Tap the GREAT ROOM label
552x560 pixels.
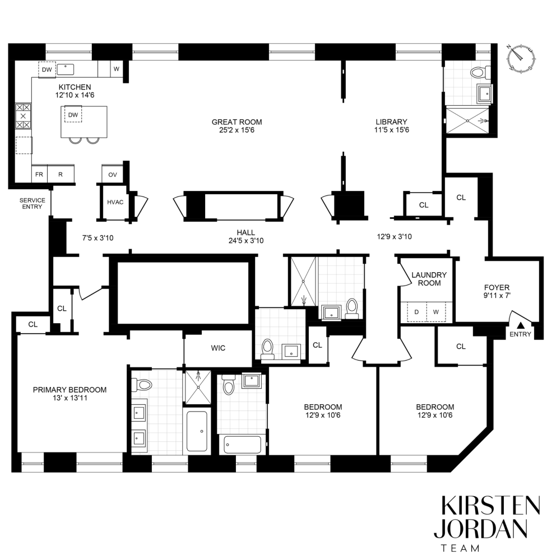236,122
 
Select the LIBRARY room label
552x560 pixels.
391,122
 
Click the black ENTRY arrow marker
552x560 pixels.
520,325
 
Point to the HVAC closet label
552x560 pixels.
115,202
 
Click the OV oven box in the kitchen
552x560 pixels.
113,175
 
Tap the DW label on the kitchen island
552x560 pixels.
73,115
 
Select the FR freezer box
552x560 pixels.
39,174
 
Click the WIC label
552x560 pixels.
218,348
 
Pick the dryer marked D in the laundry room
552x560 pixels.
416,311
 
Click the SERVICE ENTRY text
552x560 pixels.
33,203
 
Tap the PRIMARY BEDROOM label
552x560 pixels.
69,390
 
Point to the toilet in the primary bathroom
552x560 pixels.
142,385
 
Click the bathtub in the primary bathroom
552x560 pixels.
197,431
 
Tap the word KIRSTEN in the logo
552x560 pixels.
490,506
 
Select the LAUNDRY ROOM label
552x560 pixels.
429,278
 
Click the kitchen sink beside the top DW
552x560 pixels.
67,69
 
